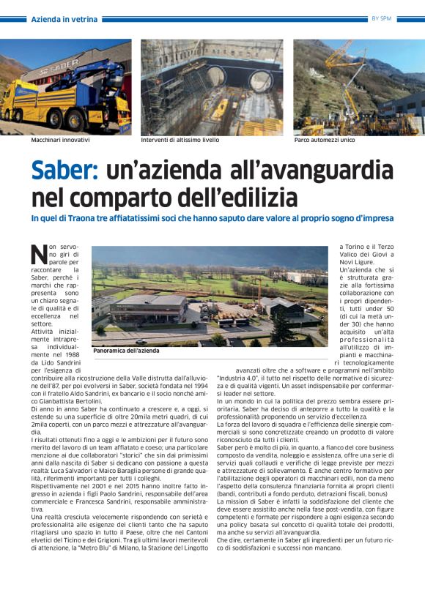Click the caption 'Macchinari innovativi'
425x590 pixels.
(x=61, y=139)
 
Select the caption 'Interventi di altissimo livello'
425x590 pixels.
(x=180, y=139)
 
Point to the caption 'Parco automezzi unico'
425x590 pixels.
(x=325, y=139)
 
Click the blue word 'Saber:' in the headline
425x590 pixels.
(x=64, y=172)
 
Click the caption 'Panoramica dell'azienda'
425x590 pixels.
(x=127, y=351)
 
